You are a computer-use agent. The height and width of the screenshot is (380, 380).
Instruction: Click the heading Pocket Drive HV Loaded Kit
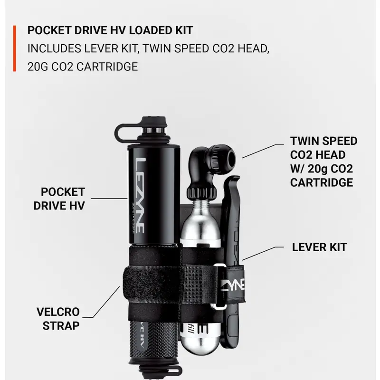coord(110,30)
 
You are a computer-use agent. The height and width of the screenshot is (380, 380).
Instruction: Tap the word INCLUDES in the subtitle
coord(52,48)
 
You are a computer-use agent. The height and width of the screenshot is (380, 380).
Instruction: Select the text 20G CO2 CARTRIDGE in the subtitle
coord(83,66)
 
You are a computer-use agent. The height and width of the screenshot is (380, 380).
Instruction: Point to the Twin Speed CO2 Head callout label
coord(323,161)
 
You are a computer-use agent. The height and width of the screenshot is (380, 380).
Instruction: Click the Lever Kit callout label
coord(319,247)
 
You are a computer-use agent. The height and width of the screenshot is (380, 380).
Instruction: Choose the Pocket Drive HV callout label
coord(63,199)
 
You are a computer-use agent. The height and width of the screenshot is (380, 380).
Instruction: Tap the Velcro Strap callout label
coord(58,319)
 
